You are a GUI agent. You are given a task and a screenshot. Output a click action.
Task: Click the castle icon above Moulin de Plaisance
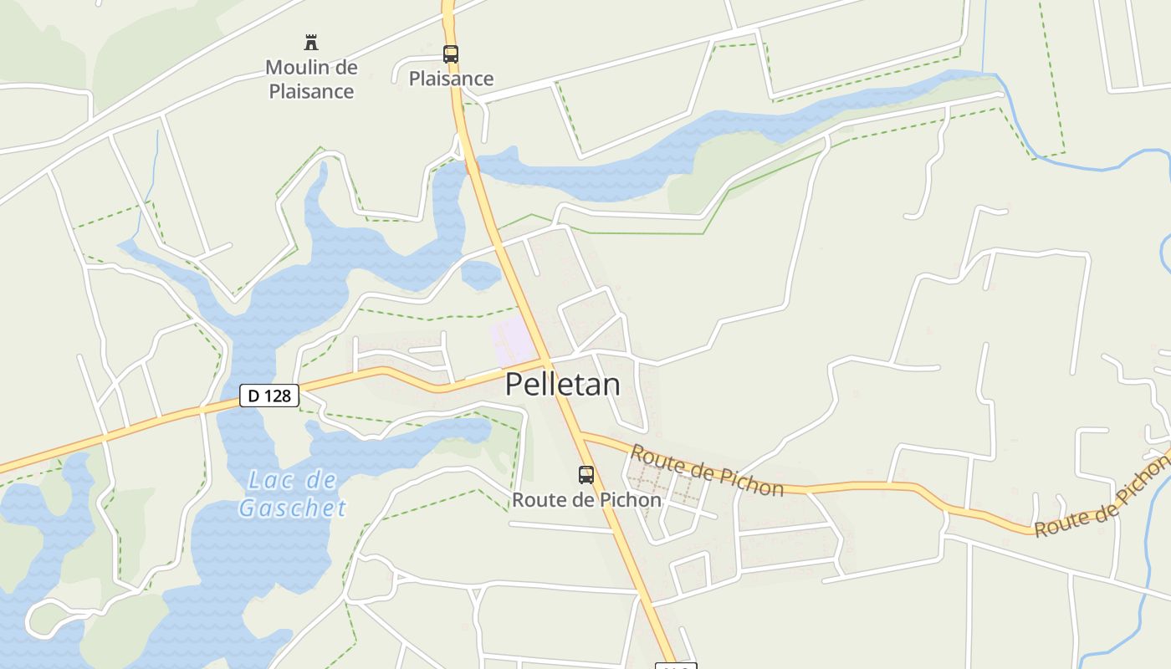[x=311, y=42]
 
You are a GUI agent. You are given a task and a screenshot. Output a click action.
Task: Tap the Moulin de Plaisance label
[x=311, y=79]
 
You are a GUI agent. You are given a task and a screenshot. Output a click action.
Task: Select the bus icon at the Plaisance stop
[x=451, y=54]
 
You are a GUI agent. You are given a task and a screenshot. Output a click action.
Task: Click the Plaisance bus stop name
[x=451, y=79]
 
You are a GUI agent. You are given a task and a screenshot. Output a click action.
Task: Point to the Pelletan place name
[x=563, y=385]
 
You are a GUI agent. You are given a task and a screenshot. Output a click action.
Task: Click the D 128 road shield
[x=269, y=396]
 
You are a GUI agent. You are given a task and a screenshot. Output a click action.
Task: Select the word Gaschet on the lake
[x=292, y=508]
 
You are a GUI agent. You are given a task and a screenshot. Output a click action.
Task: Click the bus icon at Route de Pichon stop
[x=586, y=475]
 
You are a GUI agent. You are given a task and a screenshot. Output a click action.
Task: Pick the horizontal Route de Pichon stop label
[x=586, y=500]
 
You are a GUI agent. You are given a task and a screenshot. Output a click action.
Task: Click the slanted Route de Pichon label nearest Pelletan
[x=707, y=470]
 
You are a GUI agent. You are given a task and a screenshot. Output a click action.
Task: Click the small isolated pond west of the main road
[x=481, y=274]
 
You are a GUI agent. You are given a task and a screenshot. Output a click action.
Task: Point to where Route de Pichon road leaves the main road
[x=580, y=435]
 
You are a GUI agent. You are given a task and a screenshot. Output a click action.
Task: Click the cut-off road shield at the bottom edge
[x=674, y=666]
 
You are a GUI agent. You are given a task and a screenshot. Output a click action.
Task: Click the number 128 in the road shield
[x=279, y=396]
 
